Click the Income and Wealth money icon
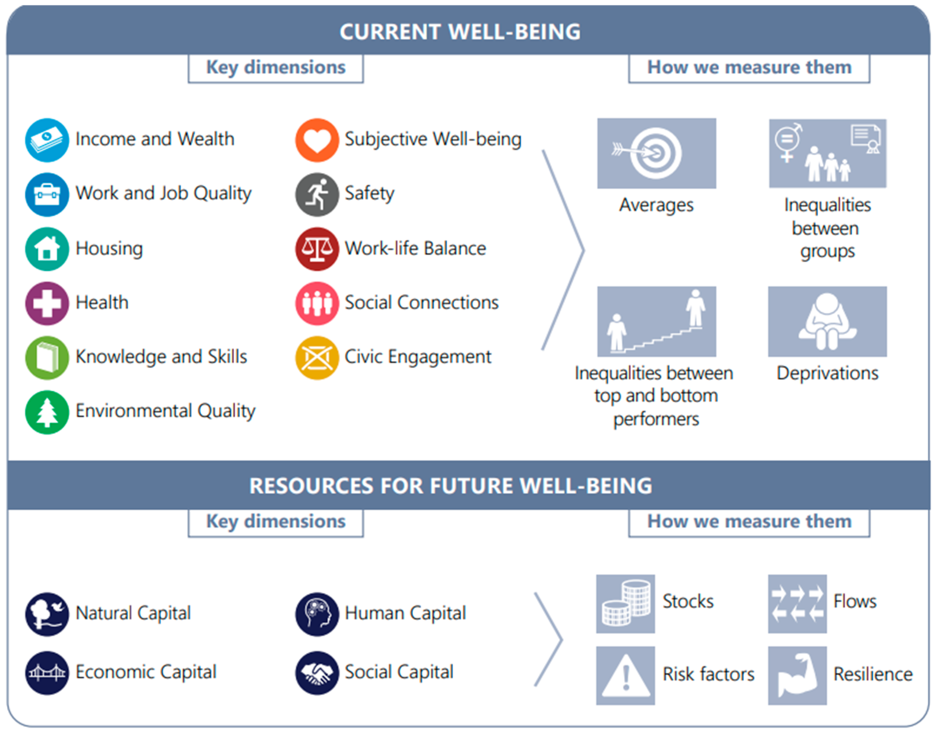click(47, 140)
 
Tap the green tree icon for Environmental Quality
click(47, 412)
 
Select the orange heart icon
click(317, 140)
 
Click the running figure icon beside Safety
click(317, 194)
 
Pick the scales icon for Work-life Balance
click(317, 249)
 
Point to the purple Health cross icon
click(47, 303)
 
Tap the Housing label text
click(109, 249)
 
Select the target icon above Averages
click(656, 153)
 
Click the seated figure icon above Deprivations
click(827, 322)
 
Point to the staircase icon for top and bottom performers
click(656, 322)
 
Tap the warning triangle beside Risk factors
click(625, 675)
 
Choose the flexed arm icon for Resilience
click(797, 675)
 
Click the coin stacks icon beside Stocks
click(625, 604)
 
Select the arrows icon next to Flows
click(797, 604)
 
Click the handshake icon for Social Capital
click(317, 673)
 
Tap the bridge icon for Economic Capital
click(47, 673)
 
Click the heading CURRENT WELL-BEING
click(460, 32)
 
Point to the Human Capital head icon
click(317, 614)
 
